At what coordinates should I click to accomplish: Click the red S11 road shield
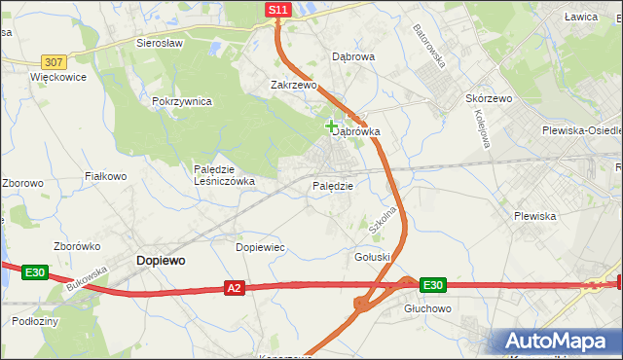(x=277, y=10)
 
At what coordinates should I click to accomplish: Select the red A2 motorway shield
(x=234, y=288)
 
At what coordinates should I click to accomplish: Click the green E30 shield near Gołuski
(x=433, y=285)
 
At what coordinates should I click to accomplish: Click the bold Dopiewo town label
(x=162, y=261)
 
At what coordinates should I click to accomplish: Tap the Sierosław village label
(x=161, y=44)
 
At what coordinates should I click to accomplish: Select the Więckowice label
(x=58, y=76)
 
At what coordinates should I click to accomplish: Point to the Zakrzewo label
(x=294, y=86)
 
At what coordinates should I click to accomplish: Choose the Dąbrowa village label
(x=353, y=57)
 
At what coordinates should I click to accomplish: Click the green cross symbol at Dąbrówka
(x=332, y=126)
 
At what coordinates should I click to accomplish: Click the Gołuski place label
(x=372, y=257)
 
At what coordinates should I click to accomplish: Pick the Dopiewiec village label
(x=260, y=248)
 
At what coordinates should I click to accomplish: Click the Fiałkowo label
(x=106, y=176)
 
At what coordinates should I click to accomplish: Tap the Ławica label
(x=579, y=18)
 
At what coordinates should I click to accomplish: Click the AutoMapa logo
(x=559, y=341)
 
